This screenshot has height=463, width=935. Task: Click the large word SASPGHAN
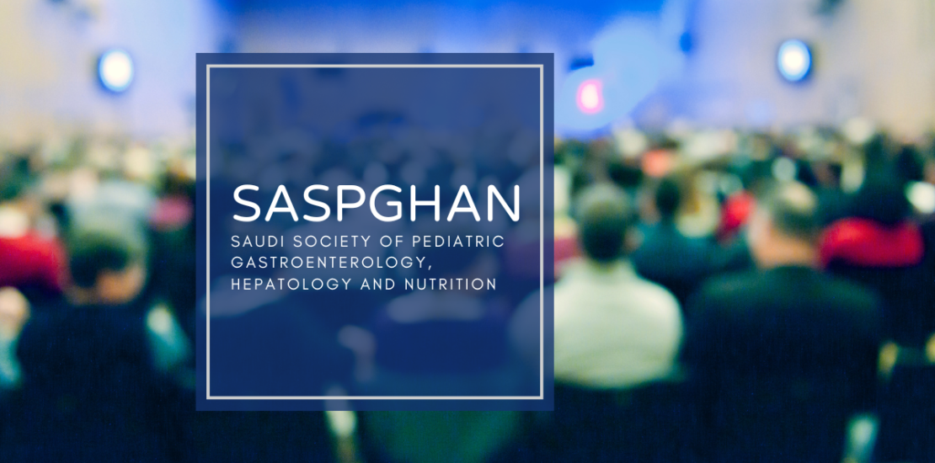[377, 203]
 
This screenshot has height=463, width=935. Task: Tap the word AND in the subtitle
[378, 285]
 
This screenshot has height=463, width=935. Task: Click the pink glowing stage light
[590, 96]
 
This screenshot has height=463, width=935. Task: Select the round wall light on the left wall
[115, 71]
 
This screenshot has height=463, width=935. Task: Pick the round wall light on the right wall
[793, 61]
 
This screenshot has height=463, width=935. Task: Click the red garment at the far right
[871, 242]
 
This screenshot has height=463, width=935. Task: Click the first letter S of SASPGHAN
[248, 203]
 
